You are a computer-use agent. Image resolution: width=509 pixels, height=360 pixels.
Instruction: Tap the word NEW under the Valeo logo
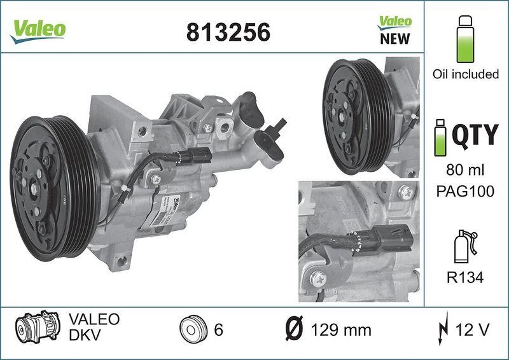394,39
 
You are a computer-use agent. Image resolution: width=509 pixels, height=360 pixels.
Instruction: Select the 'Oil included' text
465,74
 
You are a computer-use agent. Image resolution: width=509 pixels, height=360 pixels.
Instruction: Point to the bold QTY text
474,135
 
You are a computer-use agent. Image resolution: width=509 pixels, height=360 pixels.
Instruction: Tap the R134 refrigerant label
465,278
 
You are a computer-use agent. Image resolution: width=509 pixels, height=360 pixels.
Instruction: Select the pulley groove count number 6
218,330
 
